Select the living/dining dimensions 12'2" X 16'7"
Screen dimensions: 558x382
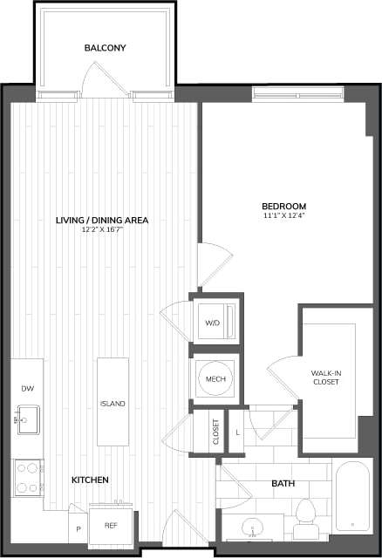(x=102, y=230)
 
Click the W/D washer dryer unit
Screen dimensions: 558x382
(x=213, y=323)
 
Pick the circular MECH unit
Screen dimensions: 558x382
(x=215, y=379)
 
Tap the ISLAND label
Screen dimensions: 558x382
(x=113, y=404)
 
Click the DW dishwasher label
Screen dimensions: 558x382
(x=26, y=389)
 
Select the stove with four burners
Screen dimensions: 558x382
(x=28, y=477)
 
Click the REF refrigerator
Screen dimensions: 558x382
(x=112, y=526)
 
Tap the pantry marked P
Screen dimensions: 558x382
(x=78, y=527)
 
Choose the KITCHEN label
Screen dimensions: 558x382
(x=90, y=480)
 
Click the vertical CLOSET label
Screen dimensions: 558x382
(x=216, y=432)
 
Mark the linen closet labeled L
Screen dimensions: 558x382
(x=238, y=432)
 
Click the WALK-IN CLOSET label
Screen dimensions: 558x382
(x=326, y=377)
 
